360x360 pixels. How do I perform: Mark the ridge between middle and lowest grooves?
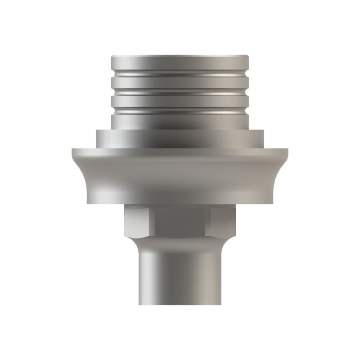tap(179, 100)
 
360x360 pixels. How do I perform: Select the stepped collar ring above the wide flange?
tap(179, 138)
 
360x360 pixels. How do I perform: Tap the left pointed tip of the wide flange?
tap(72, 150)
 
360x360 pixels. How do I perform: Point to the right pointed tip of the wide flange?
tap(287, 150)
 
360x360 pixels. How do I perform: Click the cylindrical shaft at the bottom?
tap(179, 279)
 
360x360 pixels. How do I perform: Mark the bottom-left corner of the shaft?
tap(138, 304)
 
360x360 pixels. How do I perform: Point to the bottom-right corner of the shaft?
tap(221, 304)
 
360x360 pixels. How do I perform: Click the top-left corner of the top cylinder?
tap(112, 56)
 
